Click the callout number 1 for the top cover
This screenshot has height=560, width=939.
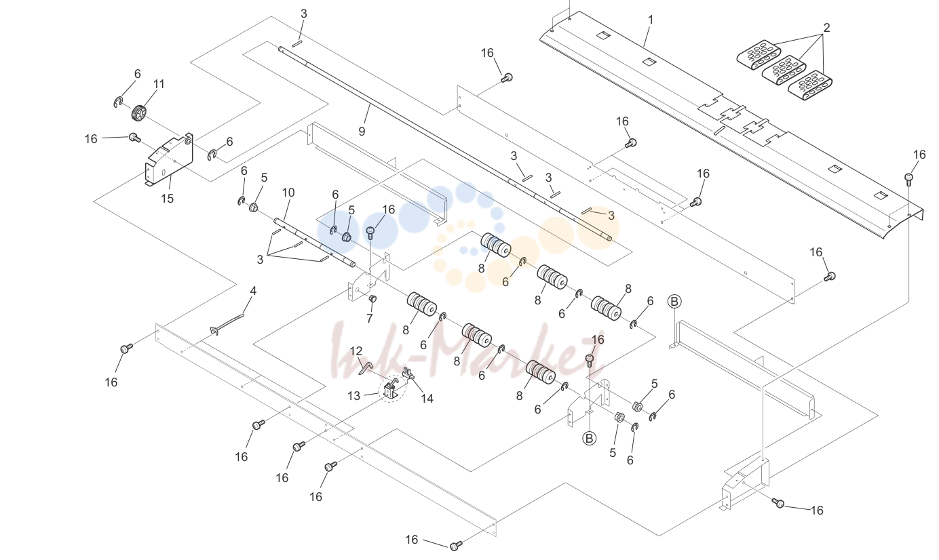coord(651,20)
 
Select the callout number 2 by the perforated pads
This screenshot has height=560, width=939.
coord(826,28)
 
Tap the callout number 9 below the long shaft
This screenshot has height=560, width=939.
coord(362,132)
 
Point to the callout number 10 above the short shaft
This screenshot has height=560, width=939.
coord(288,193)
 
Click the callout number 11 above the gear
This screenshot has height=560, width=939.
coord(159,84)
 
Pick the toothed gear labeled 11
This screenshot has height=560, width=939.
coord(139,113)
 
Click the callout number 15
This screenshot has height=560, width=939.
coord(168,198)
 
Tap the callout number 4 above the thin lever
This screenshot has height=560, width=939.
coord(253,291)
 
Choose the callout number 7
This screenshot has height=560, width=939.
coord(369,319)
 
